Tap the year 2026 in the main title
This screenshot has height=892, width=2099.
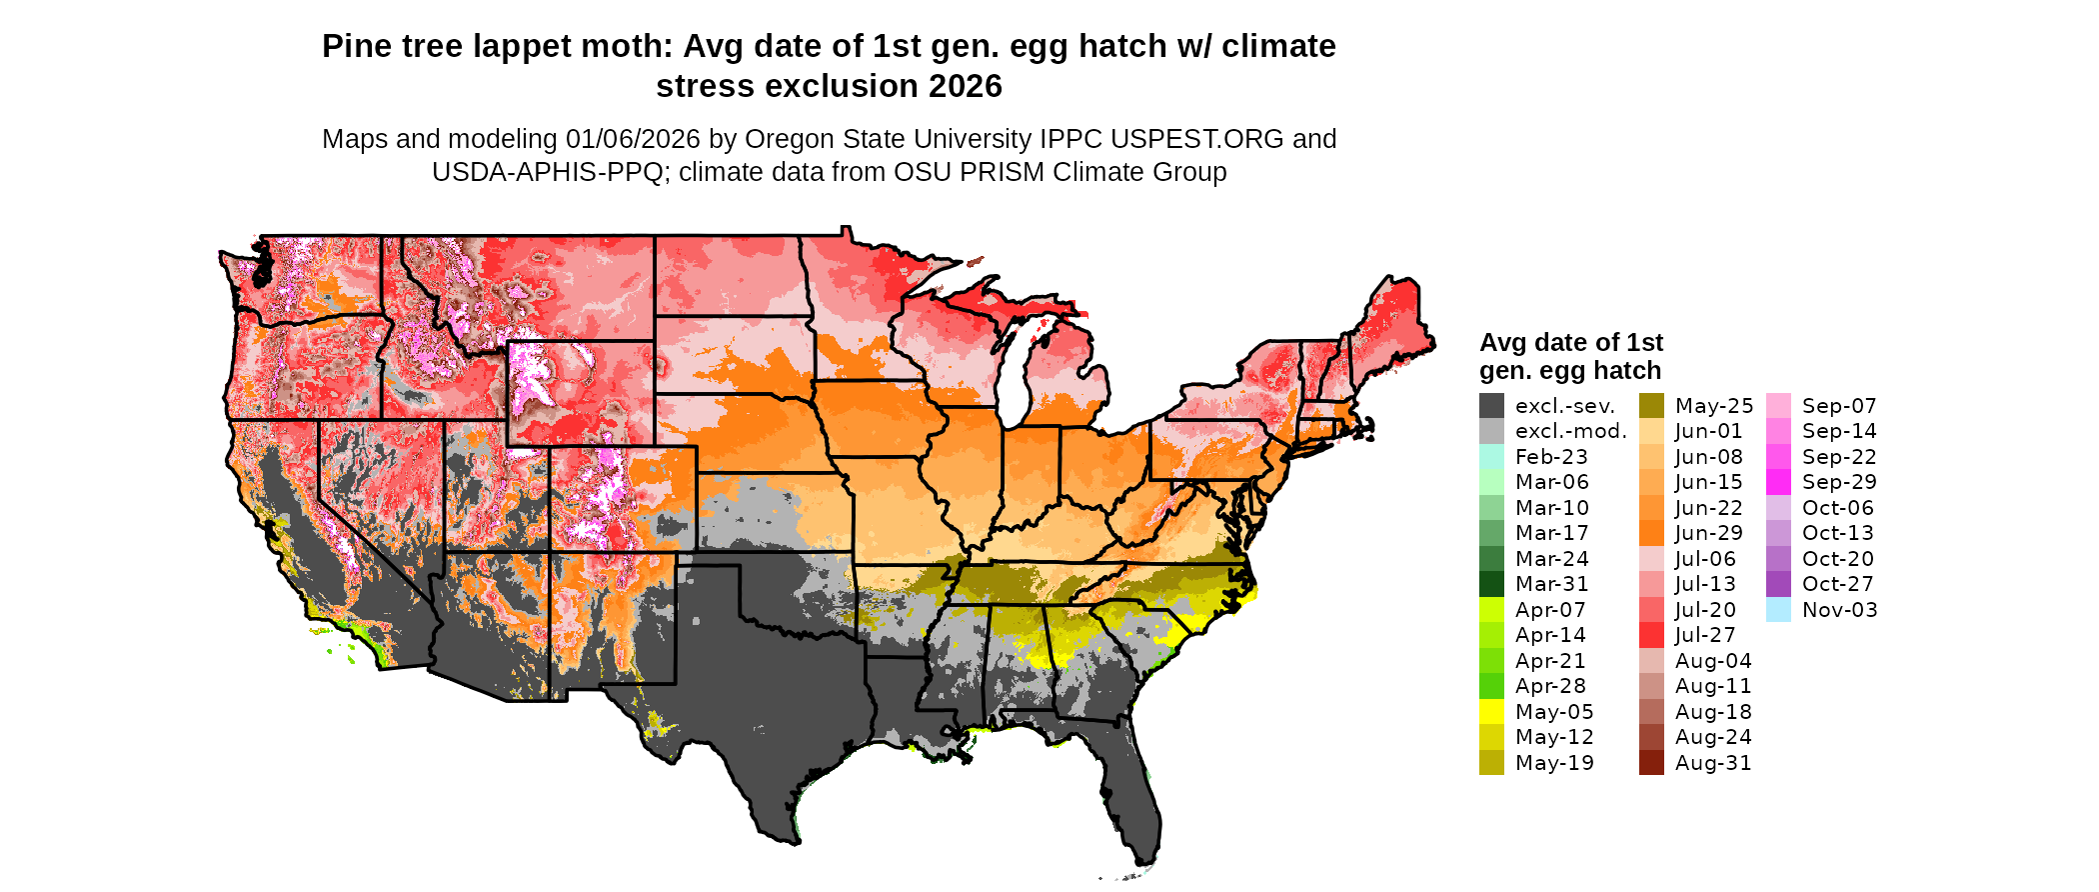point(965,87)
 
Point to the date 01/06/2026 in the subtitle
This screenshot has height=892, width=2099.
point(633,139)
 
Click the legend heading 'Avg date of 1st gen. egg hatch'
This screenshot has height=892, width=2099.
point(1570,356)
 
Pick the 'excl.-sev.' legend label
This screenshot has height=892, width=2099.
point(1565,406)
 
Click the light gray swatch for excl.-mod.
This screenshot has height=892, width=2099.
point(1491,431)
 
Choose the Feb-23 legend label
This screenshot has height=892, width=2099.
point(1551,457)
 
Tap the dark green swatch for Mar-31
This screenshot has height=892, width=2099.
point(1491,584)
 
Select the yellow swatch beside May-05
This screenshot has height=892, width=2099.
point(1491,712)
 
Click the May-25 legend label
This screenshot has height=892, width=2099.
point(1714,406)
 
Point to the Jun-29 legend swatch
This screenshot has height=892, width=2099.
point(1651,533)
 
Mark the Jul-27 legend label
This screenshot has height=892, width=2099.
point(1705,635)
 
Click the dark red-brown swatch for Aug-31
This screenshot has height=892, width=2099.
point(1651,763)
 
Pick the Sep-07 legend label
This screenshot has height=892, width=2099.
point(1839,406)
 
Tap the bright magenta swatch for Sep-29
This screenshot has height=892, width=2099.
point(1778,482)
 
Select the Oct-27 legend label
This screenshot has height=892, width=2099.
point(1837,584)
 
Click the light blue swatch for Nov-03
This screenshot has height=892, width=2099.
point(1778,610)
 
